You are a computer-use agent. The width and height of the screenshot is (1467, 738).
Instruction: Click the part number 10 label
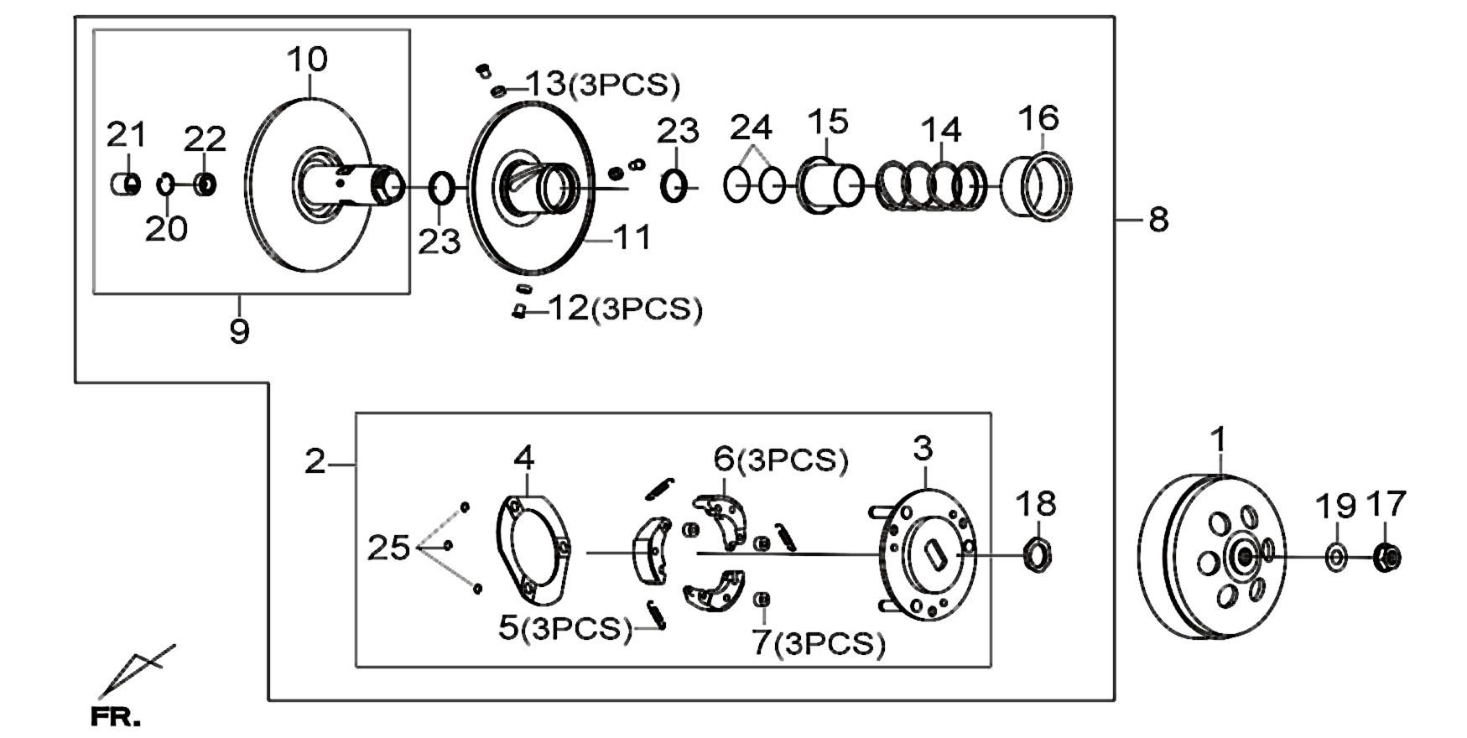(x=308, y=60)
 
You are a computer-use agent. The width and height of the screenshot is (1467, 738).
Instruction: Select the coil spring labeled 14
(x=932, y=185)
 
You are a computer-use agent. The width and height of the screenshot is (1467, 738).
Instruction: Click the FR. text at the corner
(x=116, y=718)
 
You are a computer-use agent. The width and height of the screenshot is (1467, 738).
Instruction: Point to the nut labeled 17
(x=1388, y=557)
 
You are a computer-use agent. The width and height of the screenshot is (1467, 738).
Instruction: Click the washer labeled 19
(x=1336, y=557)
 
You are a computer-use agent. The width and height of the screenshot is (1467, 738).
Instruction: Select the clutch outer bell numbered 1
(x=1212, y=557)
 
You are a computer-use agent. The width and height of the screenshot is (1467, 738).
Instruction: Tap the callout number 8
(x=1158, y=220)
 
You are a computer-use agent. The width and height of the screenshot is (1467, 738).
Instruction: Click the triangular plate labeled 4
(x=533, y=550)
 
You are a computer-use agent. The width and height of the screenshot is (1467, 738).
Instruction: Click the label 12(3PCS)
(x=625, y=309)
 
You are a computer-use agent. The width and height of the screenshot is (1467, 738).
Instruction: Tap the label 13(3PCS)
(x=603, y=84)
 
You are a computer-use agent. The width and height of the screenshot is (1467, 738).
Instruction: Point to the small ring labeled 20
(x=166, y=184)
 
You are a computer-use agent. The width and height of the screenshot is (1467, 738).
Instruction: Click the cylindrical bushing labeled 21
(x=126, y=184)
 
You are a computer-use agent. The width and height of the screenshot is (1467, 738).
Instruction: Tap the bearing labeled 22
(x=205, y=184)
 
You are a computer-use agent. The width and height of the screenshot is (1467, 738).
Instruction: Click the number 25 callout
(x=389, y=548)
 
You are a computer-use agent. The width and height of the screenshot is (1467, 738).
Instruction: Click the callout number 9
(x=239, y=331)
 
